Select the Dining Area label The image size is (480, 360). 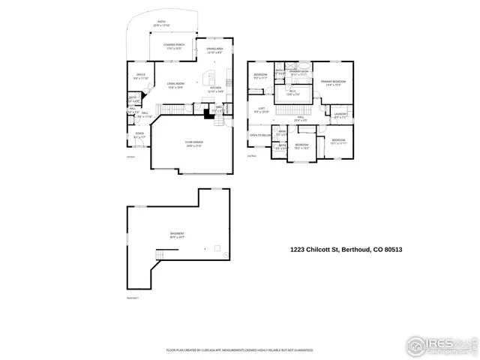pyautogui.click(x=214, y=50)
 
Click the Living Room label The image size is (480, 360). pyautogui.click(x=176, y=85)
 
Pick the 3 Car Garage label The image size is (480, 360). pyautogui.click(x=194, y=142)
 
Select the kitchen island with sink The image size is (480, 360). pyautogui.click(x=210, y=77)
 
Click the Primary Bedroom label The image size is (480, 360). pyautogui.click(x=333, y=82)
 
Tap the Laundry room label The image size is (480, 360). pyautogui.click(x=340, y=115)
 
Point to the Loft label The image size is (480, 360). pyautogui.click(x=261, y=110)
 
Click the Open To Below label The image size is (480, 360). pyautogui.click(x=261, y=136)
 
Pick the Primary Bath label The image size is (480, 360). pyautogui.click(x=299, y=73)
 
